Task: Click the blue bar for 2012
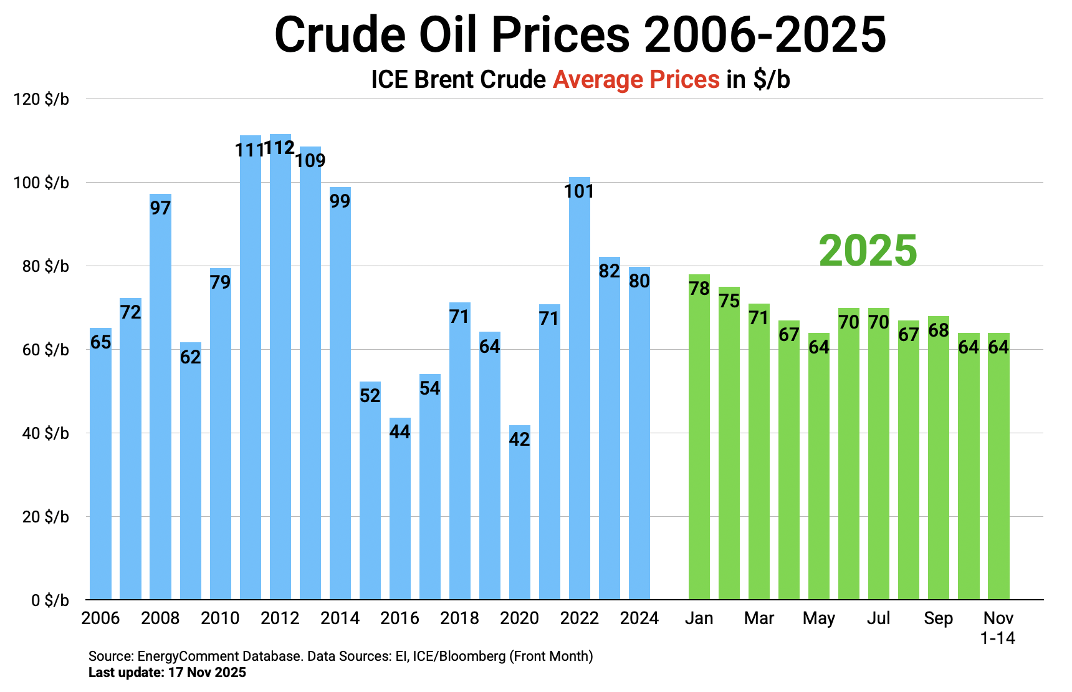[280, 374]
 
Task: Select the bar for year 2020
[520, 517]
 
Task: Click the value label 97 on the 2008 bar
[160, 208]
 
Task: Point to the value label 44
[400, 431]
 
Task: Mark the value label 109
[310, 160]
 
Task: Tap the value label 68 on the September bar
[939, 330]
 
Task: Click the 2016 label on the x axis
[400, 618]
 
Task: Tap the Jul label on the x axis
[879, 618]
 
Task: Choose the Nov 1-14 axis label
[998, 627]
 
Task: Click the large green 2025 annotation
[868, 251]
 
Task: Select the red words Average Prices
[636, 80]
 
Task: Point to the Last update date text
[167, 673]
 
